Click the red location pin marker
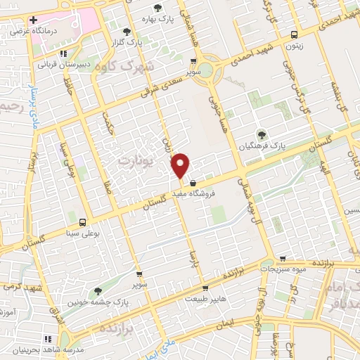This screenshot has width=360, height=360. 181,165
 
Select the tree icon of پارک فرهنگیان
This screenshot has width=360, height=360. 262,134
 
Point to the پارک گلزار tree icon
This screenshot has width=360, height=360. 127,32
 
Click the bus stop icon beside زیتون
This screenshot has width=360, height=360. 293,34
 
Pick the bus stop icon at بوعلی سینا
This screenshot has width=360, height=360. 84,221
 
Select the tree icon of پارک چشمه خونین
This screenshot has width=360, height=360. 98,290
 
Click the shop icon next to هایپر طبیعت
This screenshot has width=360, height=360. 205,288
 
